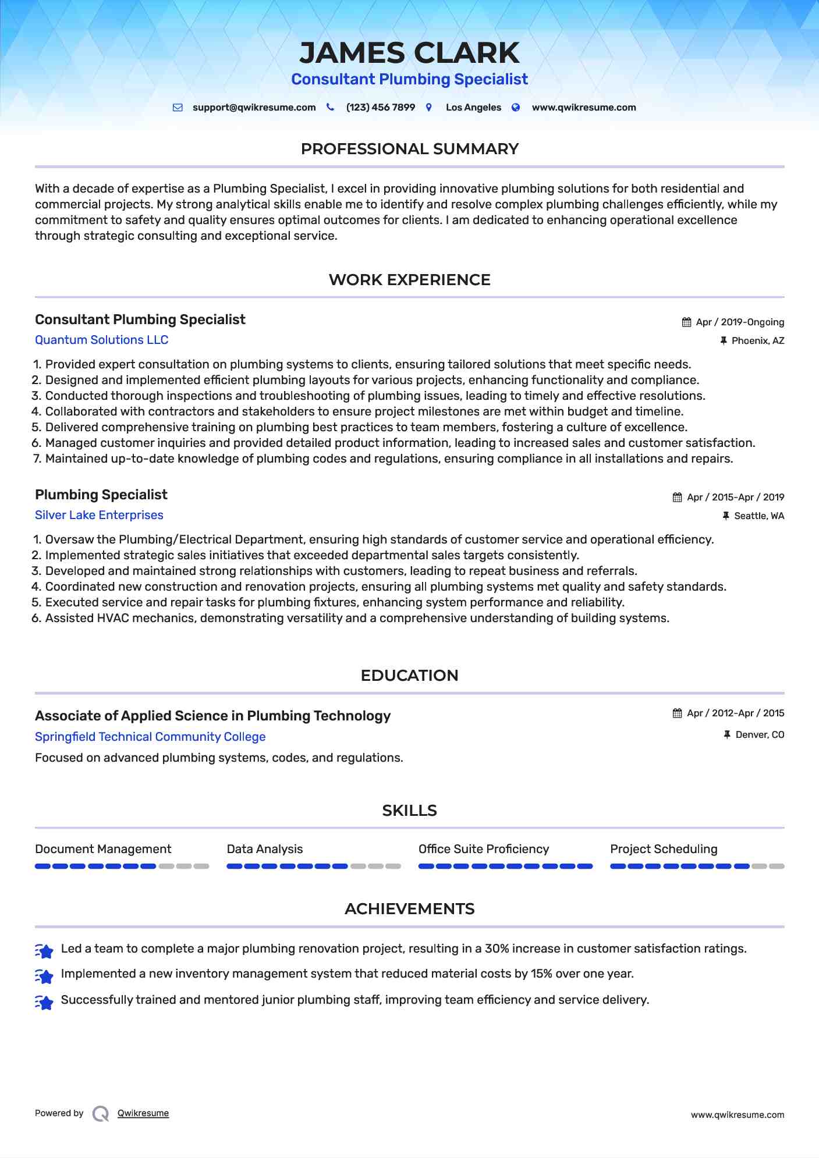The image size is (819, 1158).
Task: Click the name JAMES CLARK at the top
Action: [x=409, y=53]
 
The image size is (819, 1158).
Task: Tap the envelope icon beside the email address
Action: [x=178, y=108]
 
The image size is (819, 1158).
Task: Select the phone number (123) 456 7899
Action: [x=380, y=108]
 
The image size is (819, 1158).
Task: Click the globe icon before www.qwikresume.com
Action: [x=516, y=108]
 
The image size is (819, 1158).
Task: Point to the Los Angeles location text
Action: [x=473, y=108]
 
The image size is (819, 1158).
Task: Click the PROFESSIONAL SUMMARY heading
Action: [x=409, y=149]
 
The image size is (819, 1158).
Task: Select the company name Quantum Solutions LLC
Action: [x=101, y=340]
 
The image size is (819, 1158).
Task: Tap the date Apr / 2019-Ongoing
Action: [x=740, y=322]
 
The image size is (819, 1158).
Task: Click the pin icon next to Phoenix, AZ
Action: [x=724, y=341]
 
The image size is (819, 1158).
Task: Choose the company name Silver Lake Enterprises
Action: [x=99, y=515]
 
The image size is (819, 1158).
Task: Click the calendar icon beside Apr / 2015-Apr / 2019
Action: [x=677, y=498]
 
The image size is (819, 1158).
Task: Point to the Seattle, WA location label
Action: [x=759, y=516]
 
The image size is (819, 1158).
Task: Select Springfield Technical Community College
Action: [x=150, y=737]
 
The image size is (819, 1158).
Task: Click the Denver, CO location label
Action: [x=760, y=735]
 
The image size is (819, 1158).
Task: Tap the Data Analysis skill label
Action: [x=265, y=849]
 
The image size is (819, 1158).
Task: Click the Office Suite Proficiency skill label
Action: [x=484, y=849]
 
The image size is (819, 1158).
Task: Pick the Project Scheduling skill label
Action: [x=664, y=849]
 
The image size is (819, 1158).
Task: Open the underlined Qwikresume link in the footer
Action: [x=143, y=1113]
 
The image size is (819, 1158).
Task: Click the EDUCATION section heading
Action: [x=409, y=676]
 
